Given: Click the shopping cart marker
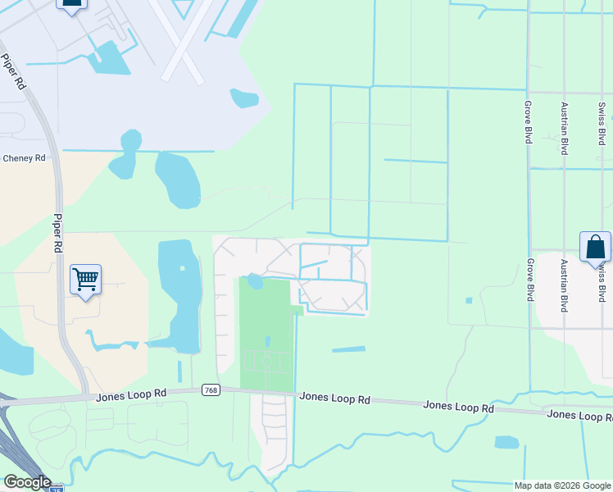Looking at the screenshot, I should coord(85,280).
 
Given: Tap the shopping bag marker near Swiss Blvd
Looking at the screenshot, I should coord(595,248).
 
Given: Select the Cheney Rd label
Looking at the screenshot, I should coord(24,158).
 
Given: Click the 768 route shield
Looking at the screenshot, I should coord(210,391).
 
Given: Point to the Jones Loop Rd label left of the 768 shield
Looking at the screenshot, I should coord(131,395).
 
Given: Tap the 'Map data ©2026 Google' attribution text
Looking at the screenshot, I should coord(563,485).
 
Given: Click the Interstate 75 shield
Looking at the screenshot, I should coord(56,489).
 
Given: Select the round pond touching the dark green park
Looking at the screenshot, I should coord(255,282).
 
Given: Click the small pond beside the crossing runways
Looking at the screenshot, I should coord(245,98).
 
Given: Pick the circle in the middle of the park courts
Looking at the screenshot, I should coord(266,361).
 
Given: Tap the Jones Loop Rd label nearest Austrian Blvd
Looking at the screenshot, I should coord(577,414).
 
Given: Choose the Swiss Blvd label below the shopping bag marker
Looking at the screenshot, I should coord(602,283).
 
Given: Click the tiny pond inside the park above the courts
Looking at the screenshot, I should coord(267,340).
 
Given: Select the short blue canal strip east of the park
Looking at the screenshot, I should coord(348,350).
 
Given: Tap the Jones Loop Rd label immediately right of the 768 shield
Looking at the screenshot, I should coord(334,398).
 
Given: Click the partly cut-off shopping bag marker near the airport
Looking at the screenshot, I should coord(71,4).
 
